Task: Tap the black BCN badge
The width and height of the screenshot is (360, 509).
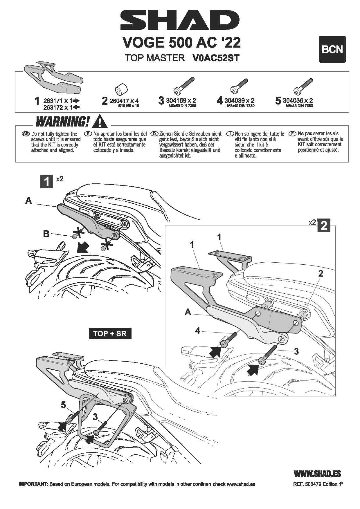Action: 332,49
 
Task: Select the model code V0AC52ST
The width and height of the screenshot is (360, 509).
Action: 216,58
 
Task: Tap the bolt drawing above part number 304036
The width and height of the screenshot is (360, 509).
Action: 303,86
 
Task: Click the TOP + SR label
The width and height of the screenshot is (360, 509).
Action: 110,333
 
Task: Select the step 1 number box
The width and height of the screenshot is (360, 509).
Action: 46,181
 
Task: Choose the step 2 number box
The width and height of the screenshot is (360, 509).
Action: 324,225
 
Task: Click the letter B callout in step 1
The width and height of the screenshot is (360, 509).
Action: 46,234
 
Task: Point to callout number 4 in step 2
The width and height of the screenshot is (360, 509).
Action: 198,330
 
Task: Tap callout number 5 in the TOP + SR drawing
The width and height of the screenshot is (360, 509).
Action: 63,405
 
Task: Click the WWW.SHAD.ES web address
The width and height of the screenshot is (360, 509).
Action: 317,474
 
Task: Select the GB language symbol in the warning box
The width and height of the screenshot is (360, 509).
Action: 26,134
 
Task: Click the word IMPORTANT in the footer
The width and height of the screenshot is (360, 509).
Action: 33,484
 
